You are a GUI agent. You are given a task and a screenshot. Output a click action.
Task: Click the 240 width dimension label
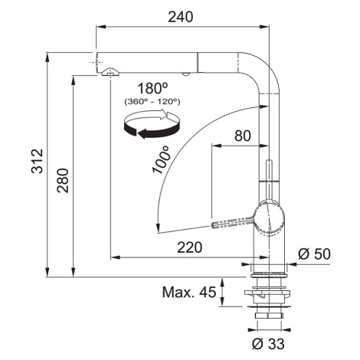point(181,17)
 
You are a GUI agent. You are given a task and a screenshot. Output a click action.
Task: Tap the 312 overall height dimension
point(38,161)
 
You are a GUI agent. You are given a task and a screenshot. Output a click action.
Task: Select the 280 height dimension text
point(63,180)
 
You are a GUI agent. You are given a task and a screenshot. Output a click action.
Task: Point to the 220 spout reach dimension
point(189,247)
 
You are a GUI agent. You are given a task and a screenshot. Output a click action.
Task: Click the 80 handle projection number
point(243,136)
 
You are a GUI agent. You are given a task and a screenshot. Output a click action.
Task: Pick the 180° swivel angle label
point(152,88)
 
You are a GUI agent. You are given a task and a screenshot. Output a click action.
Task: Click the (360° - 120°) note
point(152,102)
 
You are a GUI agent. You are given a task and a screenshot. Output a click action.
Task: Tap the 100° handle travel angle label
point(161,160)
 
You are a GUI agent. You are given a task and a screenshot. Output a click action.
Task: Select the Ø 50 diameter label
point(314,254)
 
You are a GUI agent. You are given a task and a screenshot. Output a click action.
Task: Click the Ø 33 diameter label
point(268,344)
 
